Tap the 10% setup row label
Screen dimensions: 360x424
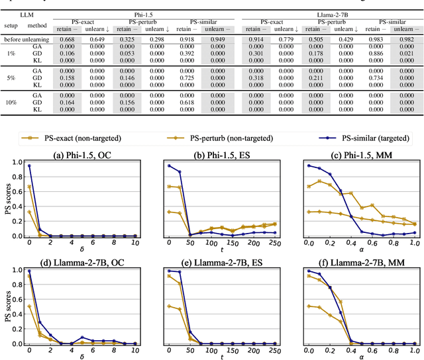point(11,103)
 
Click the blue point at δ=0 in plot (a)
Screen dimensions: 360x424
point(29,165)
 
